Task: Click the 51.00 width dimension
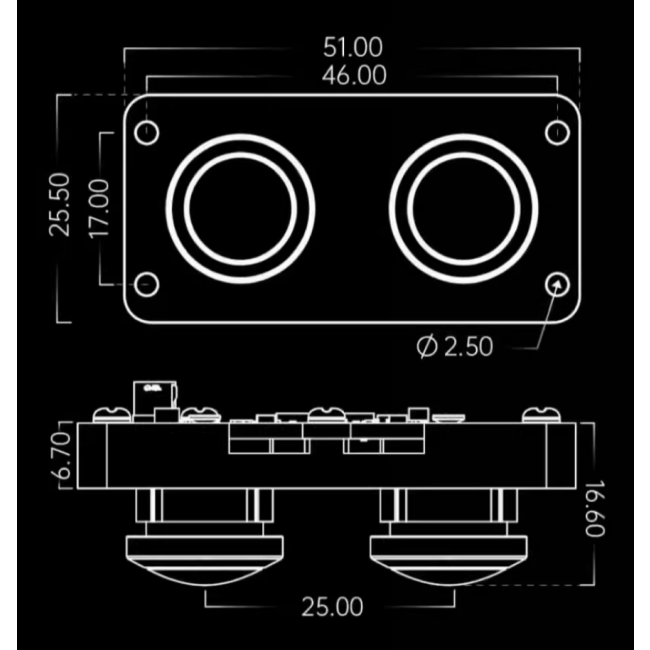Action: (x=352, y=47)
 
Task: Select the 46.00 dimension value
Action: (x=354, y=76)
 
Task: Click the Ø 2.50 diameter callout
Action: (x=455, y=346)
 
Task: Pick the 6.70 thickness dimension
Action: (x=65, y=456)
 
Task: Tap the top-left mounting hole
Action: (x=148, y=132)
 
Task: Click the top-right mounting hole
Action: (x=558, y=132)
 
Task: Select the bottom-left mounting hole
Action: (x=147, y=284)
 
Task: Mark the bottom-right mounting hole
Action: (x=558, y=284)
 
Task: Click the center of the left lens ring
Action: (x=240, y=208)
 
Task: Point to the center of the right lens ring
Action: (x=464, y=208)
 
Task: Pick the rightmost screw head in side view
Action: (x=543, y=412)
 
